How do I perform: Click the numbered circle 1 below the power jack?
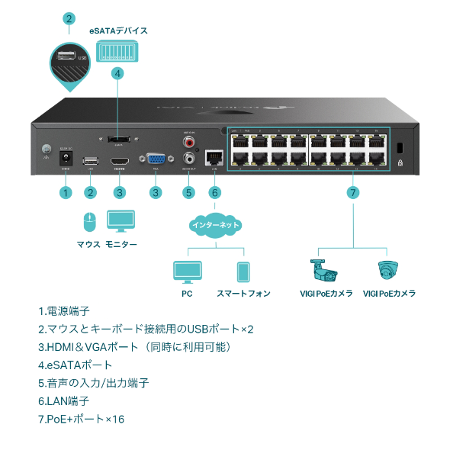66,192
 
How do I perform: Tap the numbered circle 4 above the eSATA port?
117,73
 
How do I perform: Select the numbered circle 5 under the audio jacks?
188,192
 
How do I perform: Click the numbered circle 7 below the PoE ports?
352,192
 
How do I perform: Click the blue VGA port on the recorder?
156,161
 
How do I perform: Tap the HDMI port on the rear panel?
118,162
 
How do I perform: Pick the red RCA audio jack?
188,142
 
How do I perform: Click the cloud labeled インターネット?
214,225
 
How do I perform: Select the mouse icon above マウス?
88,222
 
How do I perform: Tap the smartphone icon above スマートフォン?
243,272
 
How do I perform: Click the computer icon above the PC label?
187,272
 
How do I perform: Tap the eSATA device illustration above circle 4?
117,51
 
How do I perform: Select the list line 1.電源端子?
64,311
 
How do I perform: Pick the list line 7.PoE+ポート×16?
81,419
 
